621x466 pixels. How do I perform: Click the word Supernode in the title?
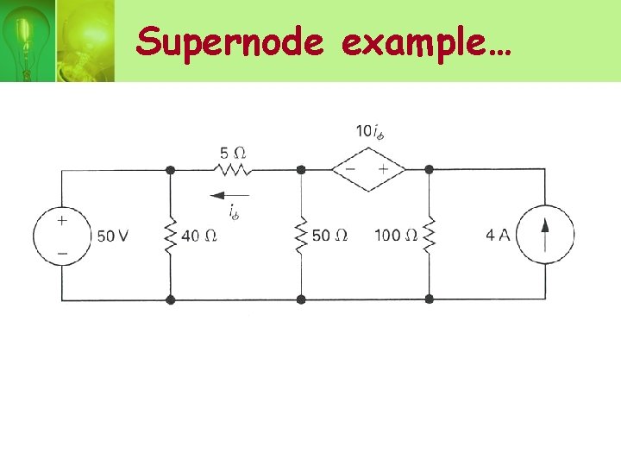click(229, 41)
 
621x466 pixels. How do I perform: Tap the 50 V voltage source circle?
click(61, 235)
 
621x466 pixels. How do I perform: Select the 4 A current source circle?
click(545, 235)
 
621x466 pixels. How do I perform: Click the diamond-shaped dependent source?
click(368, 169)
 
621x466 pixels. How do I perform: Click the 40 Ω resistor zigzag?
click(170, 235)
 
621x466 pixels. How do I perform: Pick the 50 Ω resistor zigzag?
click(301, 235)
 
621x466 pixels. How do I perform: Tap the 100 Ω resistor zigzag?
click(429, 235)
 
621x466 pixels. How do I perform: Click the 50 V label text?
click(113, 236)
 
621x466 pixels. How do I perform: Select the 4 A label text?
click(498, 236)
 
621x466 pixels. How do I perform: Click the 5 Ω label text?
click(233, 153)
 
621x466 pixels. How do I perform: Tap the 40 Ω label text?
click(198, 236)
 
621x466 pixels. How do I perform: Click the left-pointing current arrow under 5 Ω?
click(229, 195)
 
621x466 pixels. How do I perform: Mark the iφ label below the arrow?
click(233, 211)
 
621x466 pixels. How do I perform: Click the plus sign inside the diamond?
click(383, 169)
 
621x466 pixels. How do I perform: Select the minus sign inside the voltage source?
click(61, 255)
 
